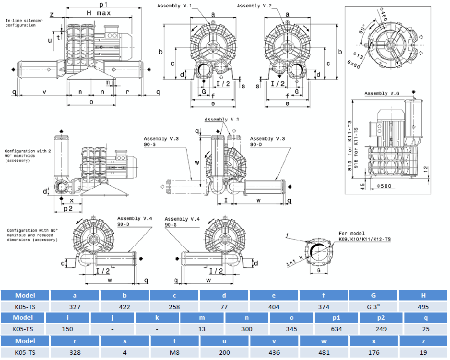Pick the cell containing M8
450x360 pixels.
[175, 352]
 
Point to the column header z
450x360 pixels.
[423, 340]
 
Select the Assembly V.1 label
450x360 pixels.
[174, 6]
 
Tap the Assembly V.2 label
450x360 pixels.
[254, 6]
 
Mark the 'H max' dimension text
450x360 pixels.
[99, 13]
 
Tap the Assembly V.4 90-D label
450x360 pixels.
[134, 221]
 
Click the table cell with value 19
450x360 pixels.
[423, 352]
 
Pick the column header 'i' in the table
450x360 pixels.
[67, 317]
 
